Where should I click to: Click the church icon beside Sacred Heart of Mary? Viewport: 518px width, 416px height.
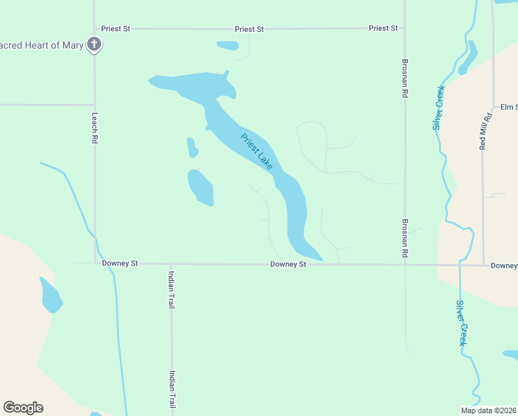94,46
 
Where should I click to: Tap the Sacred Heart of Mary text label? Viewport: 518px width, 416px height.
42,46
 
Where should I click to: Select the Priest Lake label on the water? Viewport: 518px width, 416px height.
257,152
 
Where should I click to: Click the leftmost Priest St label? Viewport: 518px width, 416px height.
116,29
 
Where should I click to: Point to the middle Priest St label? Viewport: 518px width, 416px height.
249,29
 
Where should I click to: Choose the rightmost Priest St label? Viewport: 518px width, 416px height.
384,28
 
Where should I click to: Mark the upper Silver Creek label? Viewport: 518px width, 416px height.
438,107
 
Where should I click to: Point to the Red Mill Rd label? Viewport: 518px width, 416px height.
485,131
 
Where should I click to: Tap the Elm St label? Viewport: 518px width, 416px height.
509,107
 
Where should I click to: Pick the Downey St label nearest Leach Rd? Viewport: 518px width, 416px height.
120,264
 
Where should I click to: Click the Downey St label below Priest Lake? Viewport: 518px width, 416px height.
288,264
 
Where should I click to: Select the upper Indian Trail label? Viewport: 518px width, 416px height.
171,289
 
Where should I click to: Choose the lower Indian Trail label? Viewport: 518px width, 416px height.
171,389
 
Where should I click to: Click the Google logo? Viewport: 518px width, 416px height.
23,408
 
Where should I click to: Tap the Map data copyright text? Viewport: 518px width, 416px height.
488,410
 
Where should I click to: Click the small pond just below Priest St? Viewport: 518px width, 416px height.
228,46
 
